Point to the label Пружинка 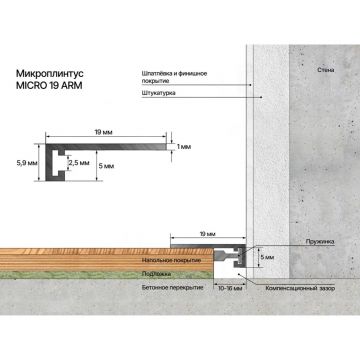pos(319,241)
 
